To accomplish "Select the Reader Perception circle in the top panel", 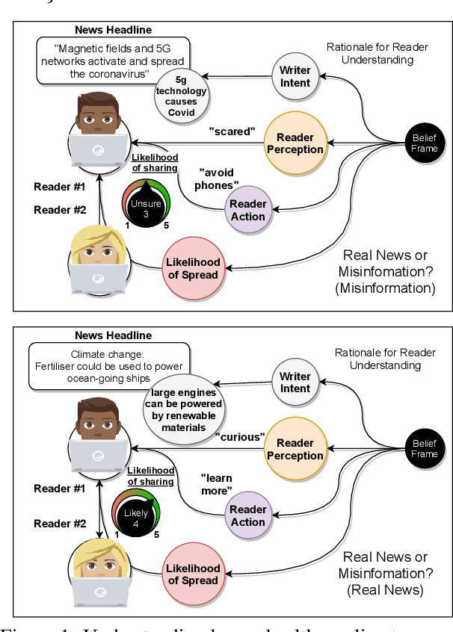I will point(295,143).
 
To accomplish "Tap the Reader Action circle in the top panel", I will point(247,210).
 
